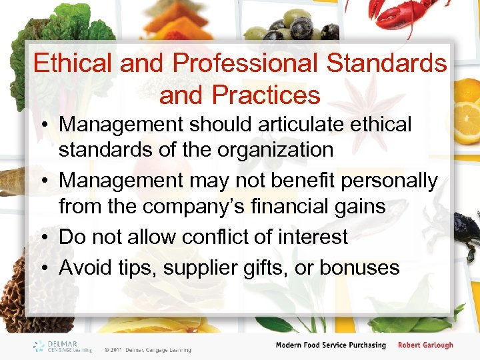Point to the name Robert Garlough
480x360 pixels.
425,345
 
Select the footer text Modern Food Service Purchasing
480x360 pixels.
331,345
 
